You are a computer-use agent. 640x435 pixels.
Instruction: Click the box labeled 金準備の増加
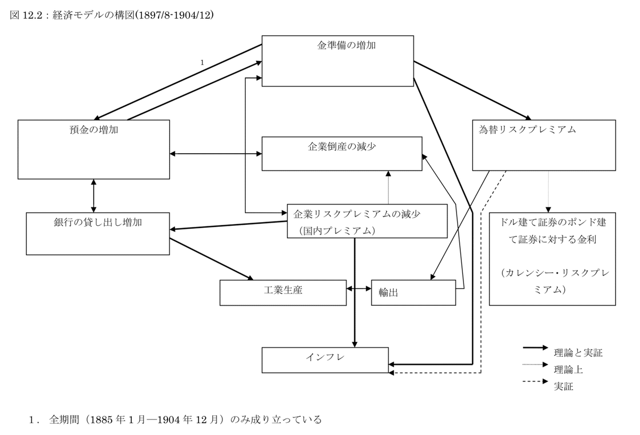(338, 60)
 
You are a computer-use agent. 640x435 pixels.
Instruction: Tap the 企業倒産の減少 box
(341, 153)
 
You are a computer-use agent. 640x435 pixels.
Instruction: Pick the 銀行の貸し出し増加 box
(98, 233)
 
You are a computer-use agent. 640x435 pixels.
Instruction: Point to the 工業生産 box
(283, 292)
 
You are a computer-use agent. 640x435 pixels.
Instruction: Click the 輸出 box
(413, 292)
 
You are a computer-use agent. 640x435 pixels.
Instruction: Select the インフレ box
(325, 360)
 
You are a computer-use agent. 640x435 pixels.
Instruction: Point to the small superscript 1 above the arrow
(202, 62)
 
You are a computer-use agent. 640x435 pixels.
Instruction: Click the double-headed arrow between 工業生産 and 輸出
(359, 289)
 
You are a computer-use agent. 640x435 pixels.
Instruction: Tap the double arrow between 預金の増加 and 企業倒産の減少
(215, 154)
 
